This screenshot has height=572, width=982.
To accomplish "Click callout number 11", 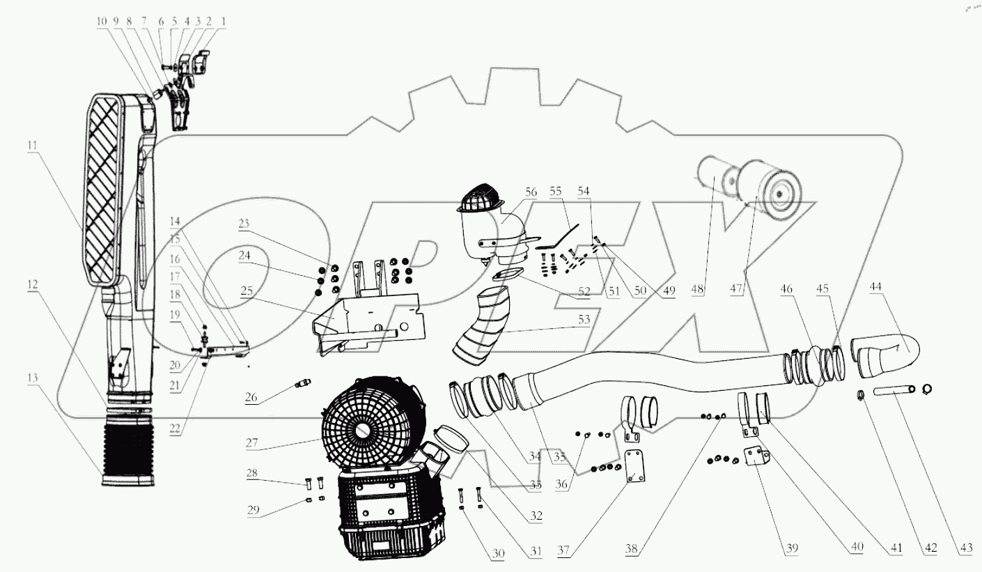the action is point(33,145).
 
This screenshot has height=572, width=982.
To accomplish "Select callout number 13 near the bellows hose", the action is point(33,378).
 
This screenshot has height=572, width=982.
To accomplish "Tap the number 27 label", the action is point(251,442).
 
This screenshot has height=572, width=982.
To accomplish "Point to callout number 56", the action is point(531,192).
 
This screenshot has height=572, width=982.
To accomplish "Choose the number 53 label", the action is point(584,319).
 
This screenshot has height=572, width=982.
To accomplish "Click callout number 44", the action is point(875,286).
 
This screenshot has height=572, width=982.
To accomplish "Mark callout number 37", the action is point(563,550).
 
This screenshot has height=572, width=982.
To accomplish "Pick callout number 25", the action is point(247,291).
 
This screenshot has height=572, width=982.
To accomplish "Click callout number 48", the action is point(697,289).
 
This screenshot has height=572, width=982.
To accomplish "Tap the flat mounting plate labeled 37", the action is point(634,465).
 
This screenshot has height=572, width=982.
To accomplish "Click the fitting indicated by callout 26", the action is point(302,383).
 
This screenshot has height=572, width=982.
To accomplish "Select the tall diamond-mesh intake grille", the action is point(104,190).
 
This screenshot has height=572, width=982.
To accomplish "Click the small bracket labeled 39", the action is point(757,456).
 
